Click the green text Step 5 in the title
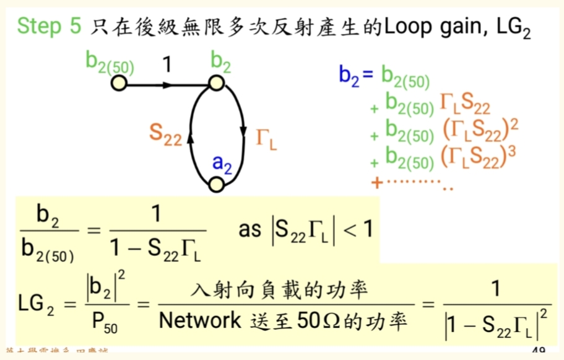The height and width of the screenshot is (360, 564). click(x=49, y=26)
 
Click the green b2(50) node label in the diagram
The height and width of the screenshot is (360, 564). click(x=110, y=63)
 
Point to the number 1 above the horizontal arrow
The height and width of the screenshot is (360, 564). click(x=166, y=64)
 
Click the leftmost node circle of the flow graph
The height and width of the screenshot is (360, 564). click(x=119, y=83)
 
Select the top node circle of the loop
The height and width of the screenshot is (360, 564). click(x=215, y=83)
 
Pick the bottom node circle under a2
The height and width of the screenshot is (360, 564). click(x=216, y=185)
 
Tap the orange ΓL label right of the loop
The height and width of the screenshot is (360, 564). click(x=266, y=136)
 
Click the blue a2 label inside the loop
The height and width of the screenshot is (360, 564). click(x=222, y=163)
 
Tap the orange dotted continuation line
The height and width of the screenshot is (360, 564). click(x=412, y=184)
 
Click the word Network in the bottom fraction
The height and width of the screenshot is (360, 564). click(x=199, y=320)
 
